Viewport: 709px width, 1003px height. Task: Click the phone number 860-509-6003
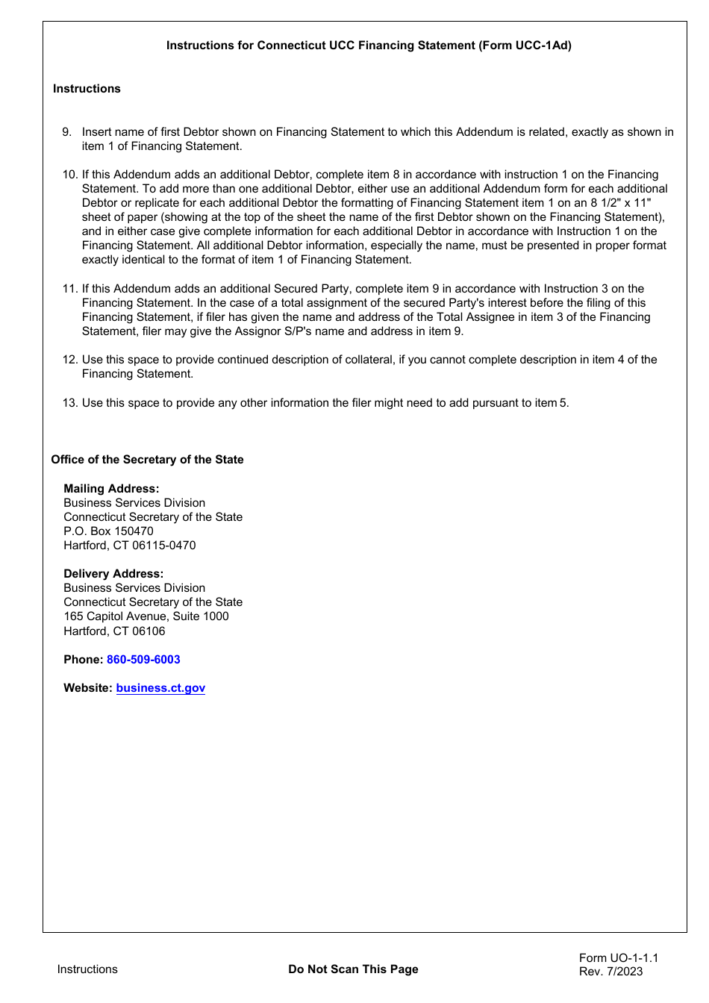point(143,660)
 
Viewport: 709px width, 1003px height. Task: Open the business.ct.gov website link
point(160,688)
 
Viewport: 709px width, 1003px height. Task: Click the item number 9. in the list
point(67,132)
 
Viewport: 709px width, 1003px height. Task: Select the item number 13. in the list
point(70,403)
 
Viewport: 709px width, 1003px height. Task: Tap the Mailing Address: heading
point(111,489)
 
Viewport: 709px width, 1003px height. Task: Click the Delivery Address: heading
point(113,574)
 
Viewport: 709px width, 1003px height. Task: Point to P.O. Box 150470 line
point(108,531)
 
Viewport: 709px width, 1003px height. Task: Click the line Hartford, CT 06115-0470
point(130,546)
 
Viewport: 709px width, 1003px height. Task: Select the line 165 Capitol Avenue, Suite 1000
point(146,616)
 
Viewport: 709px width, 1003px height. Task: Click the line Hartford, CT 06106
point(114,631)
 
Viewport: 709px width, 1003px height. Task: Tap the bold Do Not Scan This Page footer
point(353,969)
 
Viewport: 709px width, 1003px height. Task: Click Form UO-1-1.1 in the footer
point(619,958)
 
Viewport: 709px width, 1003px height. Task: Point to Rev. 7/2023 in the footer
point(610,972)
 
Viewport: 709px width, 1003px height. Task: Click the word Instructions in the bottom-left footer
point(87,969)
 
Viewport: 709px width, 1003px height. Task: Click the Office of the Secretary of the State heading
point(147,460)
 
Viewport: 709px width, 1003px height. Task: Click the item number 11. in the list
point(70,289)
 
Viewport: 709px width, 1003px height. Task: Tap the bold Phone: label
point(83,660)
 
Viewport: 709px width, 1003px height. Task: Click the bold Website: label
point(88,688)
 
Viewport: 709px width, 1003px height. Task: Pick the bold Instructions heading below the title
point(87,89)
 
